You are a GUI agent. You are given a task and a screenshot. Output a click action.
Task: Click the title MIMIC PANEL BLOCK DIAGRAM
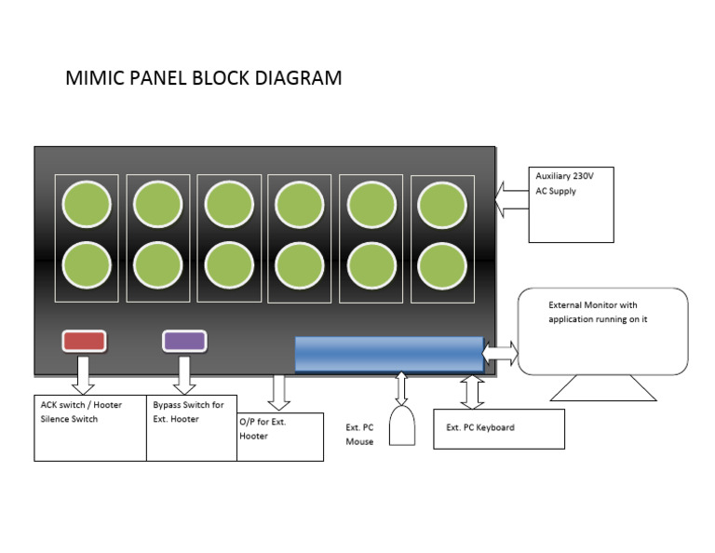pyautogui.click(x=203, y=78)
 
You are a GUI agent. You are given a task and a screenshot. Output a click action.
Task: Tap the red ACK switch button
pyautogui.click(x=84, y=341)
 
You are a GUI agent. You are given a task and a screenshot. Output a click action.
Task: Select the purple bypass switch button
pyautogui.click(x=184, y=341)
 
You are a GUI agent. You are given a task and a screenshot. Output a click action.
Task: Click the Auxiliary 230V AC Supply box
pyautogui.click(x=571, y=205)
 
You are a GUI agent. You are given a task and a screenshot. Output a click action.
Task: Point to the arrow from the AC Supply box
pyautogui.click(x=510, y=198)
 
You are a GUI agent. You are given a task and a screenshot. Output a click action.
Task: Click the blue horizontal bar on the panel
pyautogui.click(x=388, y=355)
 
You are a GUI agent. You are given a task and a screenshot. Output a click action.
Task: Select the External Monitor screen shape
pyautogui.click(x=602, y=331)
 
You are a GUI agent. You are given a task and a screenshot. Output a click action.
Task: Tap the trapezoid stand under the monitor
pyautogui.click(x=603, y=388)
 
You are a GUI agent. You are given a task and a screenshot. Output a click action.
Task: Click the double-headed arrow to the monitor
pyautogui.click(x=500, y=354)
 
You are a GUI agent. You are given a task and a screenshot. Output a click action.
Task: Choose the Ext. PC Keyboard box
pyautogui.click(x=499, y=428)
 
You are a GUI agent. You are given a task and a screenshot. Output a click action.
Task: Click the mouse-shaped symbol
pyautogui.click(x=402, y=425)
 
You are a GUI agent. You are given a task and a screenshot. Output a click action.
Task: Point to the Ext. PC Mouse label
pyautogui.click(x=359, y=435)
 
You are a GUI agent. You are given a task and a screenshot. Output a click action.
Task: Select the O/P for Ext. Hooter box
pyautogui.click(x=280, y=437)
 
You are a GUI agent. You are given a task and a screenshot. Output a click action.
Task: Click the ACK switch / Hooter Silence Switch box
pyautogui.click(x=90, y=427)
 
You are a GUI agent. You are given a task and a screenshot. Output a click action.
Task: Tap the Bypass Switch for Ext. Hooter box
pyautogui.click(x=192, y=427)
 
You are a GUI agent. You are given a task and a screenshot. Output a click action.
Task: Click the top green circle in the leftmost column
pyautogui.click(x=88, y=204)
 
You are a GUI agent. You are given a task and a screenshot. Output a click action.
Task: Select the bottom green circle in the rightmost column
pyautogui.click(x=442, y=264)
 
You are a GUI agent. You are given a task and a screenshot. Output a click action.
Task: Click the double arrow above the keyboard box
pyautogui.click(x=472, y=393)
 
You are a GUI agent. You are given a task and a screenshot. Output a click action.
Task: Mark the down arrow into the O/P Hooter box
pyautogui.click(x=277, y=393)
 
